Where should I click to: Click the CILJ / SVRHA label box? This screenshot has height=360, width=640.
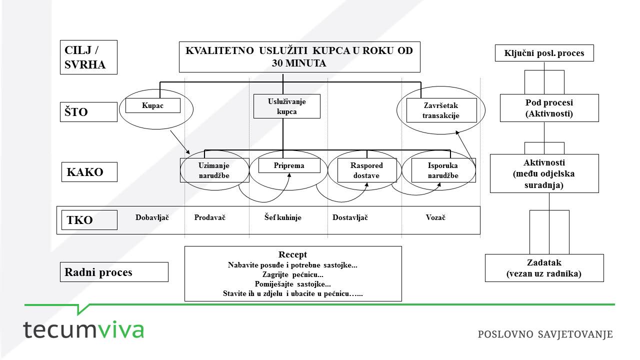88,57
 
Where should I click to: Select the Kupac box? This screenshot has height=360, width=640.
153,105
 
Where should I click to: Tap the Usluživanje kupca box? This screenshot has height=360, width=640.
287,106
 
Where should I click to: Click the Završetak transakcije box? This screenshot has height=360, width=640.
441,110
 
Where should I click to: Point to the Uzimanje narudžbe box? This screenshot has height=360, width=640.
214,170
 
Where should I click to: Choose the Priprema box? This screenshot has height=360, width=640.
289,165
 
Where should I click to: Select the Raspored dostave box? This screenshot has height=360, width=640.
367,170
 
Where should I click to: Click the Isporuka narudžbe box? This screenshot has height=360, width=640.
443,170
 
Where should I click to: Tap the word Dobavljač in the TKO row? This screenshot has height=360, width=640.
152,217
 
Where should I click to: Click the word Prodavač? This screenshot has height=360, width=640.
209,217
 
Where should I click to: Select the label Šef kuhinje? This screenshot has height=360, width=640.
282,217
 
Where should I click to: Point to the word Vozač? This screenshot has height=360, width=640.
435,217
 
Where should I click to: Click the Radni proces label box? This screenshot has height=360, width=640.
114,272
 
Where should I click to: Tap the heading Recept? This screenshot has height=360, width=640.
292,254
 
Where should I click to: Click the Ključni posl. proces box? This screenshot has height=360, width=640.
544,53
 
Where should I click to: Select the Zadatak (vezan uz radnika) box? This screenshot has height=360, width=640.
544,268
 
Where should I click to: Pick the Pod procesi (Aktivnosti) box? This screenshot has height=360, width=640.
549,108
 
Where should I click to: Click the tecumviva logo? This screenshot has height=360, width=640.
83,329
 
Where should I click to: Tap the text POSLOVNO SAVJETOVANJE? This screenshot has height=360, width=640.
545,334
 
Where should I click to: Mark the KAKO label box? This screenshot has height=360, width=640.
89,172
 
